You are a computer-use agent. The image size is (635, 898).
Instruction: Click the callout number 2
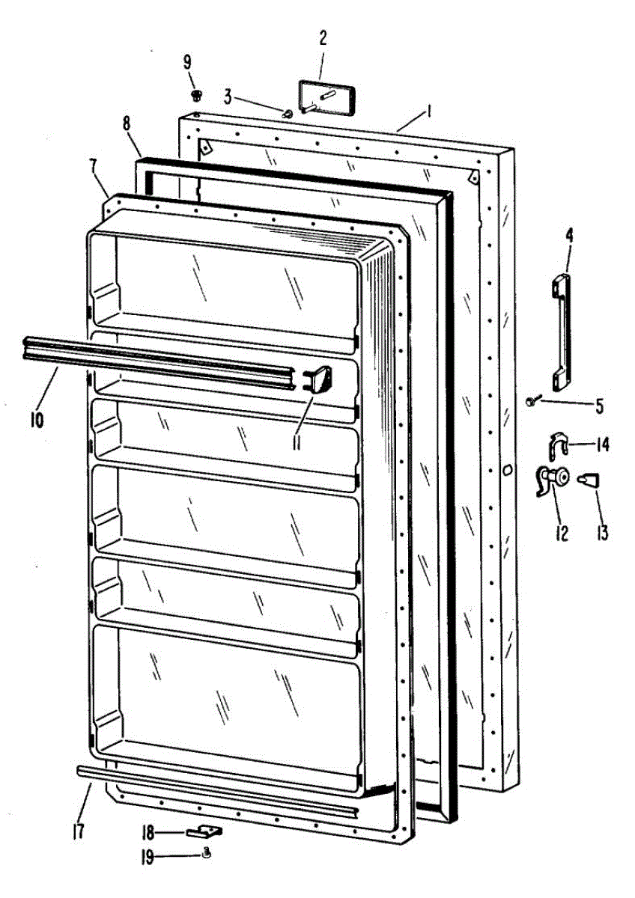pos(322,40)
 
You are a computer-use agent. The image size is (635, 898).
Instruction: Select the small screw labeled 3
pos(288,114)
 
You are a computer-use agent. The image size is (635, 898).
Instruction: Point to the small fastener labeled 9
pos(197,95)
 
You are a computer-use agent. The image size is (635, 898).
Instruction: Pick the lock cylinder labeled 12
pos(553,479)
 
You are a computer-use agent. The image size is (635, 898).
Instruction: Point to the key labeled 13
pos(589,480)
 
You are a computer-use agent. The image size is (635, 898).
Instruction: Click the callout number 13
pos(601,532)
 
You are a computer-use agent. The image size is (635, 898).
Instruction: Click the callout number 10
pos(37,419)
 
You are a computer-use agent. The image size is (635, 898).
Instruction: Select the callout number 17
pos(78,831)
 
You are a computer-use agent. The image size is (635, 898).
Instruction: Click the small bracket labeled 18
pos(205,831)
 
